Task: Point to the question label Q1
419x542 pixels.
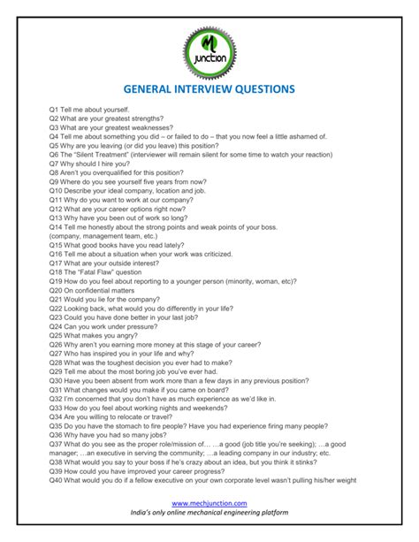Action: tap(54, 109)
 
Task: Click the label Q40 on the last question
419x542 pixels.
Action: tap(57, 481)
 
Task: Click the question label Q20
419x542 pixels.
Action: tap(57, 290)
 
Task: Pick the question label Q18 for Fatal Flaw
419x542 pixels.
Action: tap(57, 271)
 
